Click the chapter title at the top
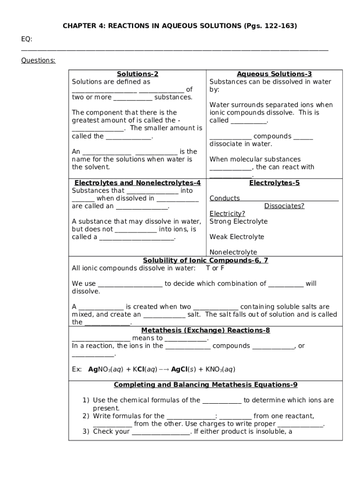tap(180, 26)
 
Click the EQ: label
tap(27, 39)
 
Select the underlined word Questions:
tap(38, 60)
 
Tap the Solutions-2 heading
tap(137, 74)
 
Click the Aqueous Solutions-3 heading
tap(274, 74)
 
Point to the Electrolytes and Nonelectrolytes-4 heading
tap(137, 183)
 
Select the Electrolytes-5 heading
tap(274, 183)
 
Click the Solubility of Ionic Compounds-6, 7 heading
tap(205, 261)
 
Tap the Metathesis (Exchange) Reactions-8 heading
tap(205, 330)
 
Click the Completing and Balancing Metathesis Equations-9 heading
tap(205, 385)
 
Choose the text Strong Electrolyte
tap(238, 221)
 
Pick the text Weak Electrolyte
tap(237, 237)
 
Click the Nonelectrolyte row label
tap(233, 252)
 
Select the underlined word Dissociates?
tap(284, 206)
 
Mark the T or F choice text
tap(215, 268)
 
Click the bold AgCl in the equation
tap(179, 369)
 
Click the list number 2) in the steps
tap(86, 416)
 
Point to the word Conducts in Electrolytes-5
tap(224, 198)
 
